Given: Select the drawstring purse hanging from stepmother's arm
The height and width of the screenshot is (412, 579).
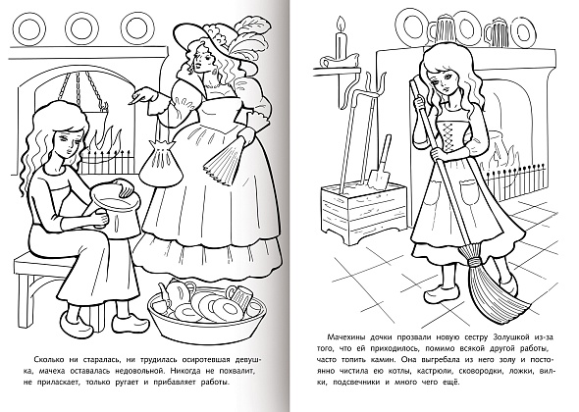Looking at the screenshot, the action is click(158, 159).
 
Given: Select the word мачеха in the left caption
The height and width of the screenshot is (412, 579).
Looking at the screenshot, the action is click(50, 371).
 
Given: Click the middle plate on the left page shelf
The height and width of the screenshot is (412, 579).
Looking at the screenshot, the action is click(82, 28).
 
